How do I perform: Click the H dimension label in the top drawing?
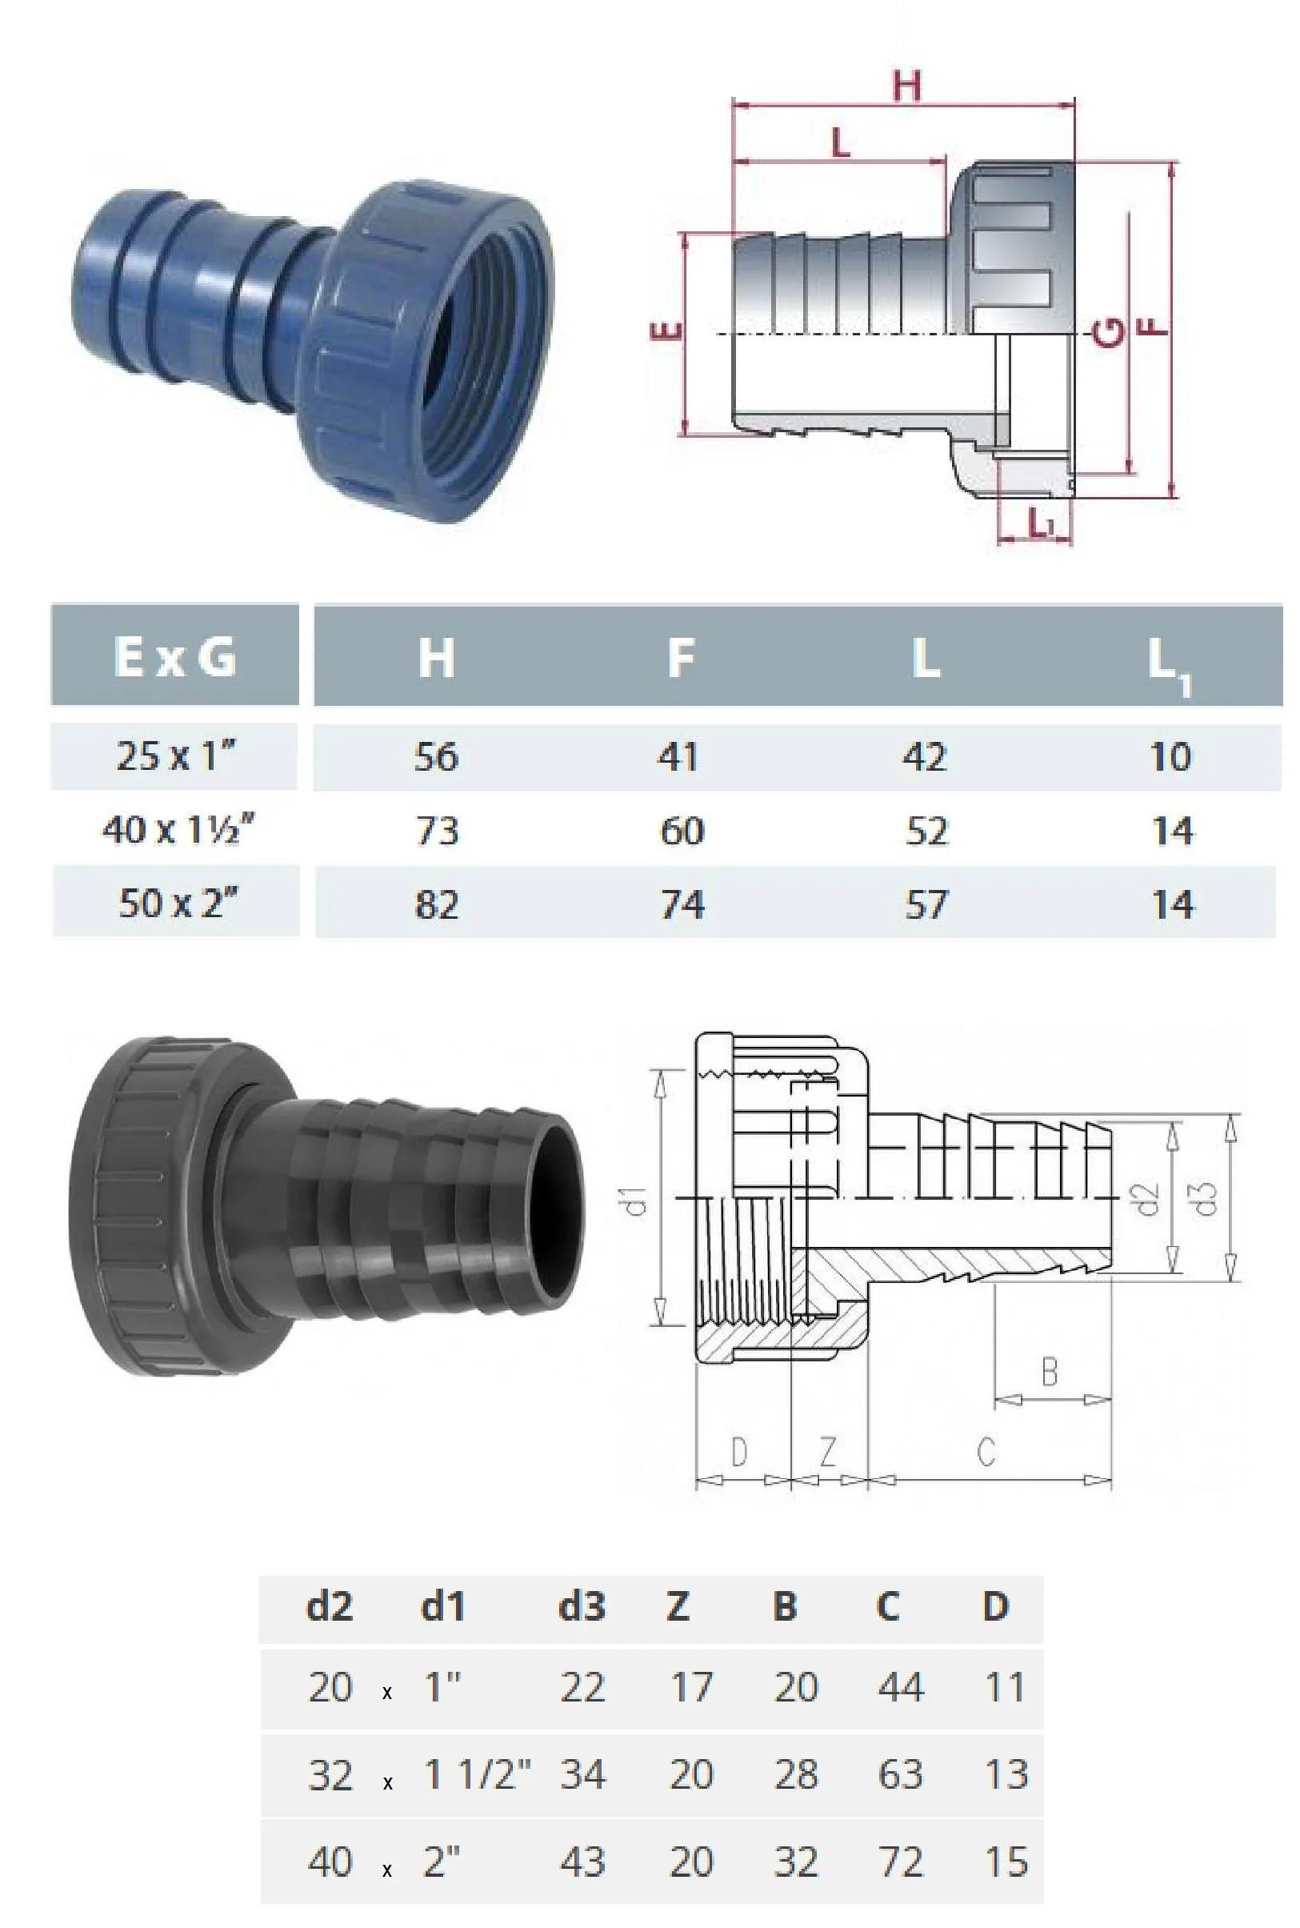coord(906,86)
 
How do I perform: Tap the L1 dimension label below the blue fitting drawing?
coord(1041,522)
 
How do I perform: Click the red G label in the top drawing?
coord(1110,331)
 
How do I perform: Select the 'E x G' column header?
coord(175,657)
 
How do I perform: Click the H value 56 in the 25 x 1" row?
coord(436,757)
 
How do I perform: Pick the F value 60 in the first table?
coord(682,831)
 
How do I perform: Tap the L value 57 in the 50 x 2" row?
coord(926,904)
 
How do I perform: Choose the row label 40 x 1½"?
coord(178,829)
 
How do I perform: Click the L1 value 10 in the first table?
coord(1170,757)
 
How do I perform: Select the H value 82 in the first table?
coord(436,904)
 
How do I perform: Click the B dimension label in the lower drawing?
coord(1049,1372)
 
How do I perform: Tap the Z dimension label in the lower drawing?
coord(827,1451)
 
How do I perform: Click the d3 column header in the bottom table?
coord(581,1606)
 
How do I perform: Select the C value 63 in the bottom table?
coord(900,1774)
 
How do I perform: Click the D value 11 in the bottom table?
coord(1004,1688)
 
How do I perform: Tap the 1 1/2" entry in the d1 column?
coord(477,1774)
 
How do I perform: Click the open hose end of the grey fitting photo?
coord(552,1209)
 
